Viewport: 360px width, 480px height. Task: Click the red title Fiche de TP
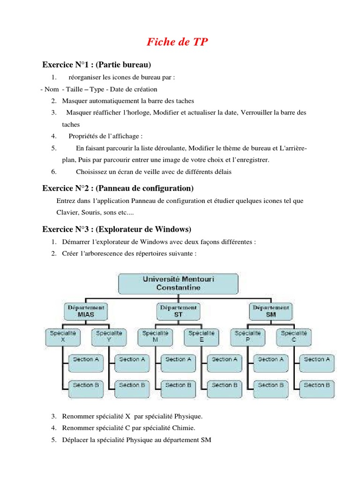coord(177,42)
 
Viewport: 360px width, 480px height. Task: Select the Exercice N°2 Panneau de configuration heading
coord(118,188)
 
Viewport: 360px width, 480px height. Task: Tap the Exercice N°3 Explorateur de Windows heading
coord(117,229)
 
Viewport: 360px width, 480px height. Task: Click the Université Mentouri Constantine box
coord(178,283)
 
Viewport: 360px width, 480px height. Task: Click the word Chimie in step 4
coord(183,428)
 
